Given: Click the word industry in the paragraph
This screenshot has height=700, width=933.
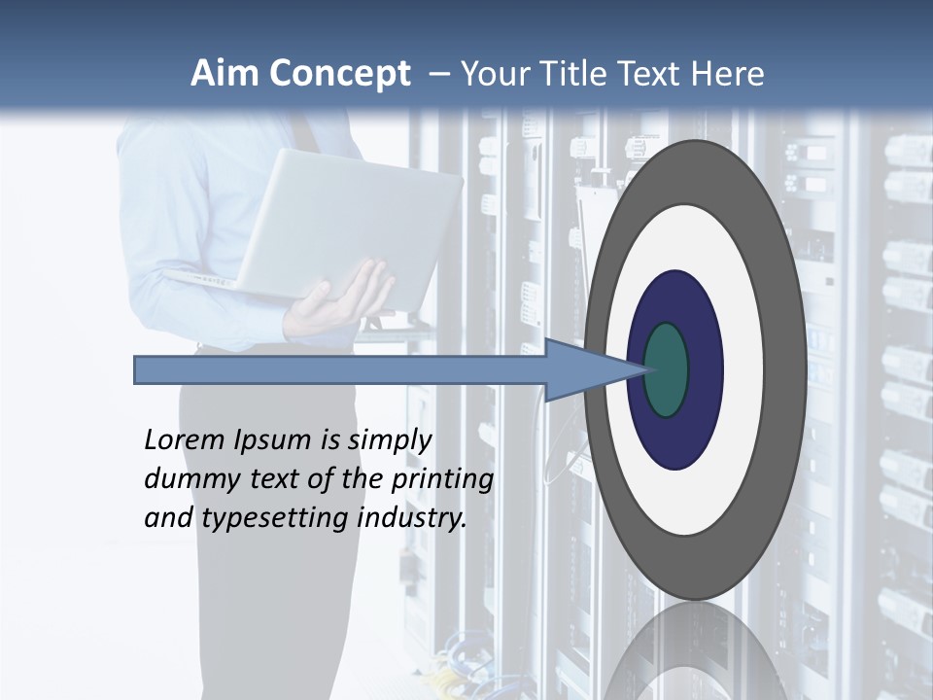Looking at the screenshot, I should pos(412,518).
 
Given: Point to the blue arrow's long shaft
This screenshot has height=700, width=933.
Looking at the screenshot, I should pos(340,370).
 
